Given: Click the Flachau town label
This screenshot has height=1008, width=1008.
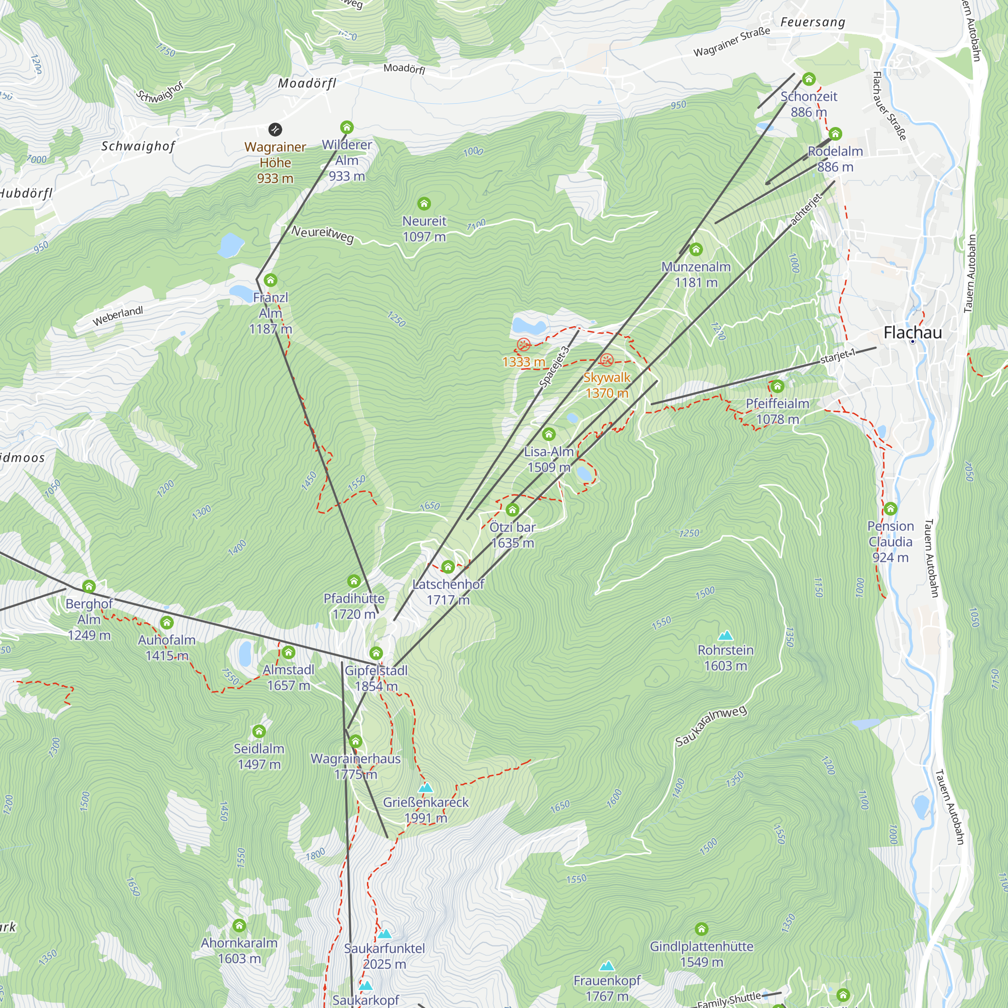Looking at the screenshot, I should click(913, 332).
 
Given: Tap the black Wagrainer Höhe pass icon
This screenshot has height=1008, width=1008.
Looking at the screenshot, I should click(275, 129).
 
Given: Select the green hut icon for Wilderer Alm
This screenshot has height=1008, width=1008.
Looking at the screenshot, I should click(346, 127).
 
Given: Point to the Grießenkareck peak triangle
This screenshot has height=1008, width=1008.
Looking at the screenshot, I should click(426, 787).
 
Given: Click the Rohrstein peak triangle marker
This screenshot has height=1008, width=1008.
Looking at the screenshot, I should click(725, 636).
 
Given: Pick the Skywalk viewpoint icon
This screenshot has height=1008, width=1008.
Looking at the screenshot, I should click(606, 359).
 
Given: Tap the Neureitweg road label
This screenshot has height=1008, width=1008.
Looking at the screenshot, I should click(323, 234).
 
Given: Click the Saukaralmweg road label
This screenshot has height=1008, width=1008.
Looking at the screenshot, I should click(711, 725).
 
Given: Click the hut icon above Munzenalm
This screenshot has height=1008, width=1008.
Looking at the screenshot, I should click(696, 250).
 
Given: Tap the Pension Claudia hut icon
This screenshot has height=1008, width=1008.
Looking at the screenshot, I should click(890, 508).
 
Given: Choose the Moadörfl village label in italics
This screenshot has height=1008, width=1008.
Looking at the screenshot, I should click(307, 83).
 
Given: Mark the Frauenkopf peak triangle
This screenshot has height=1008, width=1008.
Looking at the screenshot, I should click(606, 966).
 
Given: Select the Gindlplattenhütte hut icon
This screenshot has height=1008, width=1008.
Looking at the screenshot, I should click(701, 929).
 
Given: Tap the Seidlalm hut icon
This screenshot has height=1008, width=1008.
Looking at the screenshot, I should click(259, 731).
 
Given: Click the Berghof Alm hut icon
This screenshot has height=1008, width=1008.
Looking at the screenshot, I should click(89, 586).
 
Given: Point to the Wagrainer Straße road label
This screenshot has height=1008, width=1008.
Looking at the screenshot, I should click(731, 42).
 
